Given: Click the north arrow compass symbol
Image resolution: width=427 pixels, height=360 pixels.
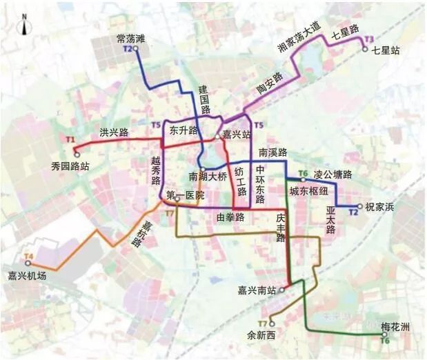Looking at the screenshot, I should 24,27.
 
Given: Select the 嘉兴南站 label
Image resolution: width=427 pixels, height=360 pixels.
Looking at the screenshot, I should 257,290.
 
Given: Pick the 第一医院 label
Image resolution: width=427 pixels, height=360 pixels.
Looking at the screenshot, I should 186,196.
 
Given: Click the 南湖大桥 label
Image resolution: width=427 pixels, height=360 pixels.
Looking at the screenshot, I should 208,177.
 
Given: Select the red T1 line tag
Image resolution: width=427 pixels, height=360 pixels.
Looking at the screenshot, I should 70,140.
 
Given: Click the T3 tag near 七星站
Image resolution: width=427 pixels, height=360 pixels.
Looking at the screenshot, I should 369,39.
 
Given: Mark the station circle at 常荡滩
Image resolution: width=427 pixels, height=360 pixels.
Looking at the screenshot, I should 136,49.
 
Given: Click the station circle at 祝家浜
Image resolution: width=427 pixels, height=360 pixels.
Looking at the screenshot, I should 359,206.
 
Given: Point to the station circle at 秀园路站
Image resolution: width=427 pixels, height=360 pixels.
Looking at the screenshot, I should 77,154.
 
